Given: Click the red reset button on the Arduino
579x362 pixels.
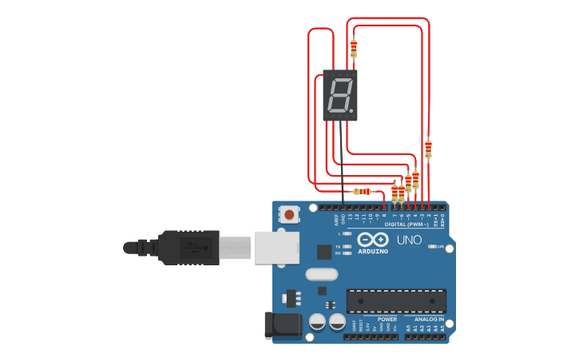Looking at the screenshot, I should click(288, 214).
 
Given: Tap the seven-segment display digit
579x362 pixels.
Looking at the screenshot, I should click(339, 95).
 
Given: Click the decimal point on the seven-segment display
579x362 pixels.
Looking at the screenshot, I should click(351, 109).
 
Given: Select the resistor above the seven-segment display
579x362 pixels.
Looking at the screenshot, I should click(353, 49).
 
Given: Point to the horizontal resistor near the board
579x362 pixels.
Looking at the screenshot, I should click(366, 191).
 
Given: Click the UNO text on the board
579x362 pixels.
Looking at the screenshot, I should click(409, 240).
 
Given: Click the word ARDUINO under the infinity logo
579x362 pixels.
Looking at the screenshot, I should click(373, 251).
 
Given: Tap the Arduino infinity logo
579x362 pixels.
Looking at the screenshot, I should click(373, 239).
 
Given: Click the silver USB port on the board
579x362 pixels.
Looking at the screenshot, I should click(276, 247).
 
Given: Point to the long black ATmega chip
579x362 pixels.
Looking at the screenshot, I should click(395, 301).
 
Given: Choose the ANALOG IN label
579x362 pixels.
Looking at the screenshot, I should click(428, 319).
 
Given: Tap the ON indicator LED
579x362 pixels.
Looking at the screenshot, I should click(432, 247).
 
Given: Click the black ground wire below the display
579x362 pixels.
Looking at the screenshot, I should click(343, 160).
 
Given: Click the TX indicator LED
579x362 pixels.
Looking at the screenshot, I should click(346, 246).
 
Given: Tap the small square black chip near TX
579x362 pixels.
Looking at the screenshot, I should click(324, 252).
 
